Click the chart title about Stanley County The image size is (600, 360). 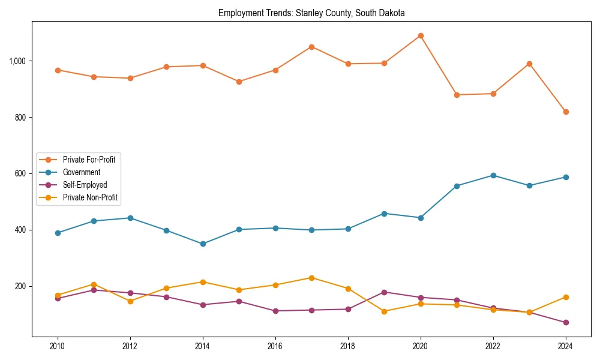pos(311,13)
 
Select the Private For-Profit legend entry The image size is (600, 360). pos(89,159)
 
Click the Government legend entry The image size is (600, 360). pos(82,172)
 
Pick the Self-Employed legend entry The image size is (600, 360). pos(85,185)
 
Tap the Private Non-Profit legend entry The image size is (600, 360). pos(90,197)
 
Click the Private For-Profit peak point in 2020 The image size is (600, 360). pos(421,35)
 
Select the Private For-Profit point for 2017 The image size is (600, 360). pos(311,47)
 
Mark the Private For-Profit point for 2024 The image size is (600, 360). pos(566,112)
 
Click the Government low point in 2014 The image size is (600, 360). pos(203,244)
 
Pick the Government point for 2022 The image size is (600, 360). pos(493,175)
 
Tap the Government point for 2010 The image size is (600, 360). pos(58,233)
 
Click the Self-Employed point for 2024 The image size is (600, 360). pos(566,322)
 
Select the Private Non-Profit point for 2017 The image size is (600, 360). pos(311,278)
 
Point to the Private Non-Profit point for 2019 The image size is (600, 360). pos(384,311)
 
